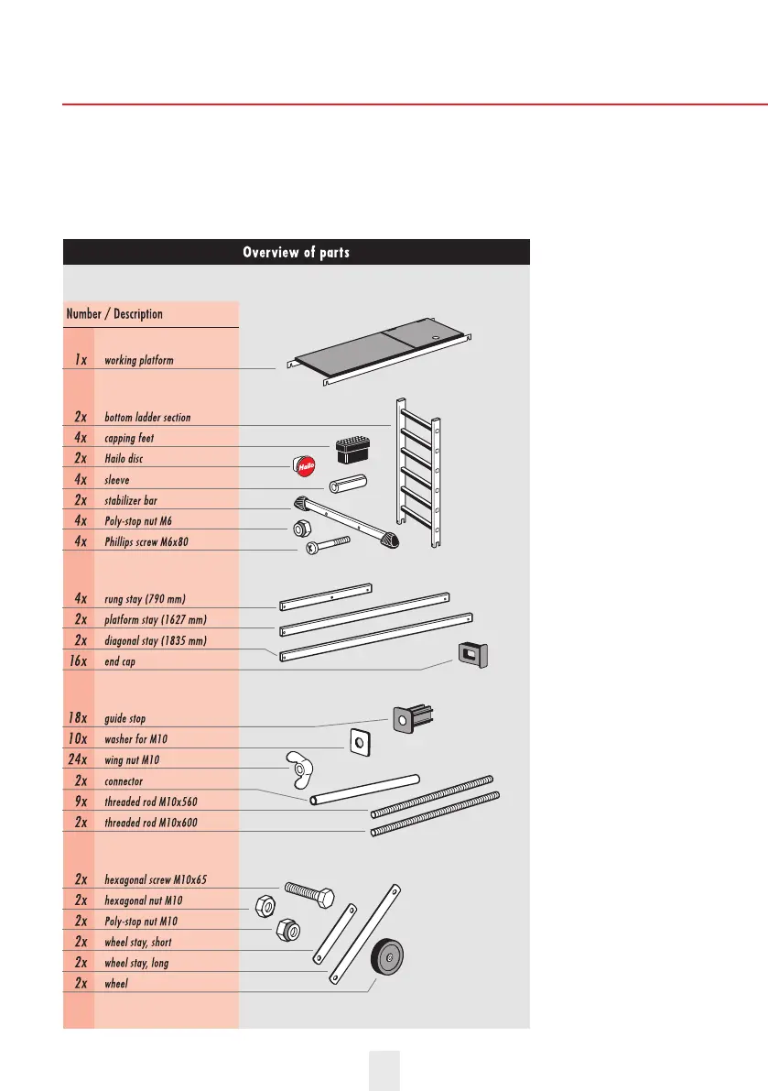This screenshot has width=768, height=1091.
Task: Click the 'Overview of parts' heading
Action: [296, 252]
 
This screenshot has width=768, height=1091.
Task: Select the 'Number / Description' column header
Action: [114, 314]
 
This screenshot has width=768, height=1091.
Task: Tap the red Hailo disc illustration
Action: [306, 466]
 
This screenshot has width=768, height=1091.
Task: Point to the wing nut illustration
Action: [297, 769]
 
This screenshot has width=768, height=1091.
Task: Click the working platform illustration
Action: [380, 355]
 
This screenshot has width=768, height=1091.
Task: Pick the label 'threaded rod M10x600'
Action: [164, 824]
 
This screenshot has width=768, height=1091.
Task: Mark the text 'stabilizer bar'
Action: [137, 501]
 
